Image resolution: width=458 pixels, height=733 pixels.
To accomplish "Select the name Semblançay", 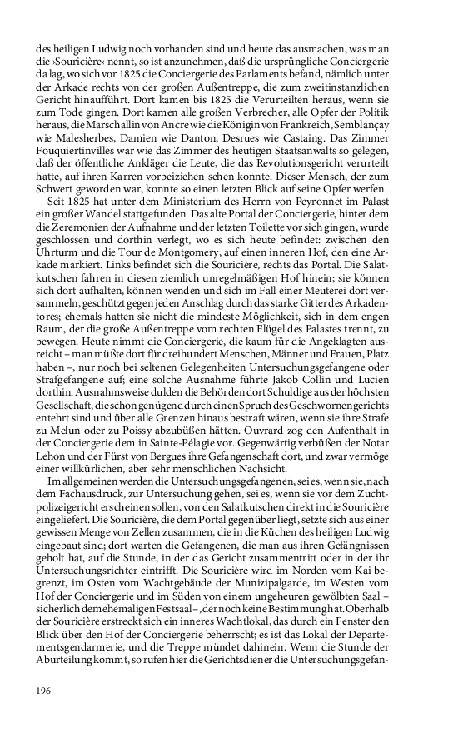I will [393, 144].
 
